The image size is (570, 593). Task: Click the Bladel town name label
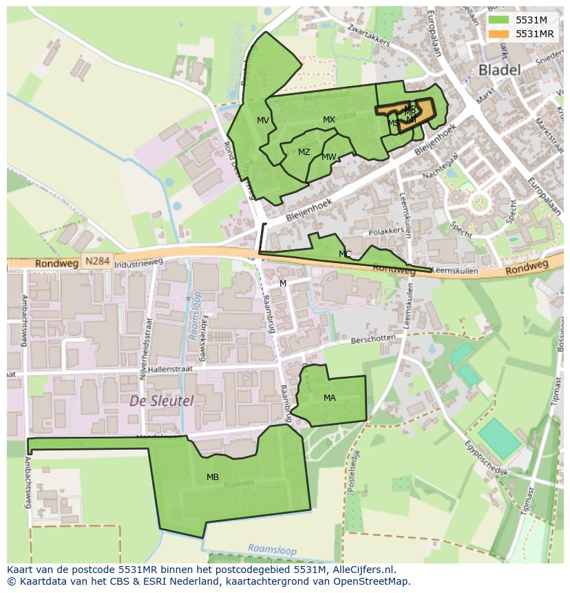pyautogui.click(x=499, y=70)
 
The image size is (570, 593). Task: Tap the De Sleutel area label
pyautogui.click(x=162, y=400)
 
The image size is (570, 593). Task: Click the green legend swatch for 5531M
pyautogui.click(x=498, y=20)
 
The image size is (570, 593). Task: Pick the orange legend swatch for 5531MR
pyautogui.click(x=498, y=34)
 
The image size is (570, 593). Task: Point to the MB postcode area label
pyautogui.click(x=213, y=477)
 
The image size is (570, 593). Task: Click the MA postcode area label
pyautogui.click(x=330, y=397)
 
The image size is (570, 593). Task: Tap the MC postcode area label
pyautogui.click(x=345, y=254)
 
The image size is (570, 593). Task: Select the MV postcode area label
pyautogui.click(x=263, y=121)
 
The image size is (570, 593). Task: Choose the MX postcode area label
pyautogui.click(x=329, y=120)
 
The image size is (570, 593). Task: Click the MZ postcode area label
pyautogui.click(x=304, y=152)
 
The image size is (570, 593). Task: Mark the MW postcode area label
pyautogui.click(x=329, y=157)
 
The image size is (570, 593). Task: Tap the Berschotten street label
pyautogui.click(x=373, y=339)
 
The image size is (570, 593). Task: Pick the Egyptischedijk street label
pyautogui.click(x=485, y=459)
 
